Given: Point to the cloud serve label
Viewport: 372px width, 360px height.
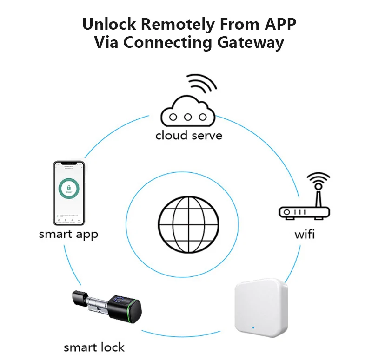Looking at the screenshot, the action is tap(188, 136).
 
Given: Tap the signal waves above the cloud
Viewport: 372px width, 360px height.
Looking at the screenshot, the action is tap(202, 84).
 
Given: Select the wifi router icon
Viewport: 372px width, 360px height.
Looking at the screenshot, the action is tap(304, 204).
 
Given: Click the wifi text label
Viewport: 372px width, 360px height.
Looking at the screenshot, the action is tap(305, 234).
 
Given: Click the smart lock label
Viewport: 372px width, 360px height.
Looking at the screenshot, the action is tap(94, 347).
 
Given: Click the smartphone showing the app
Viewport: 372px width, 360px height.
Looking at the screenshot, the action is tap(69, 191).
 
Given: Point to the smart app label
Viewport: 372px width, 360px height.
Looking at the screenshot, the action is tap(68, 234).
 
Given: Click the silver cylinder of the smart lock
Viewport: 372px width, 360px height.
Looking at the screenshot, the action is tap(98, 306).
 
